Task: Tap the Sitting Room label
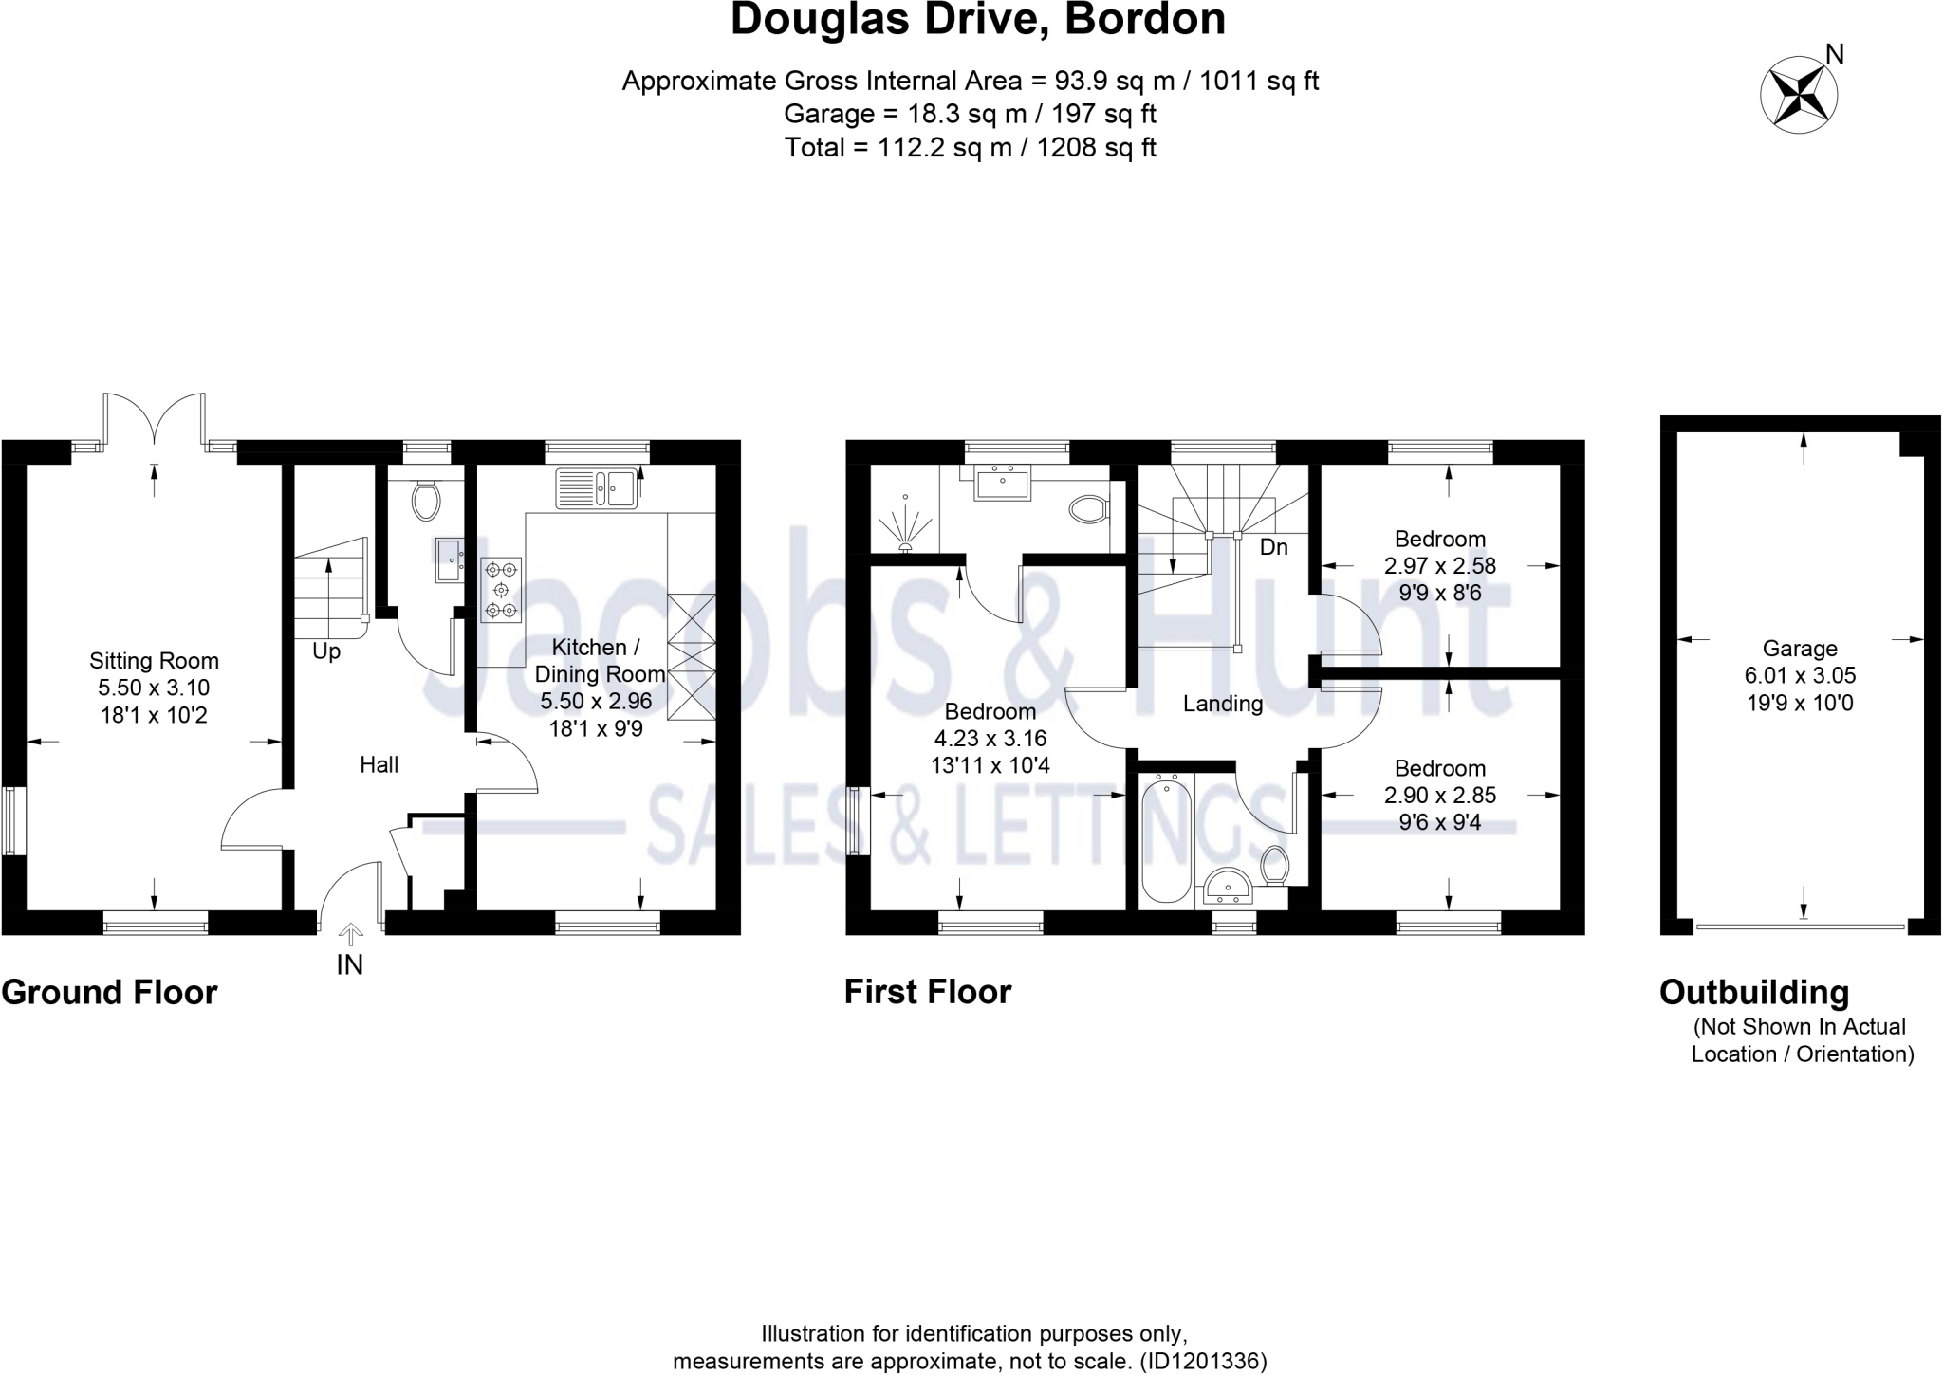coord(154,661)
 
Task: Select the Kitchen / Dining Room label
coord(598,661)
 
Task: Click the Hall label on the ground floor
coord(379,764)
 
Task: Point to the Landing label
coord(1222,704)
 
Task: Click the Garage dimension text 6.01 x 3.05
coord(1800,676)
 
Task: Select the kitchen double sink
coord(596,489)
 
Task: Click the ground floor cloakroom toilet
coord(426,500)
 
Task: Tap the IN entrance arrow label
coord(350,964)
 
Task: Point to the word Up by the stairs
coord(326,652)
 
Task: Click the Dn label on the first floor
coord(1273,547)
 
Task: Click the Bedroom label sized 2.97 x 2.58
coord(1439,540)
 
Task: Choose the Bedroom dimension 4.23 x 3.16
coord(990,738)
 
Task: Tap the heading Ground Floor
coord(109,992)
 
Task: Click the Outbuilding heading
coord(1753,992)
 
